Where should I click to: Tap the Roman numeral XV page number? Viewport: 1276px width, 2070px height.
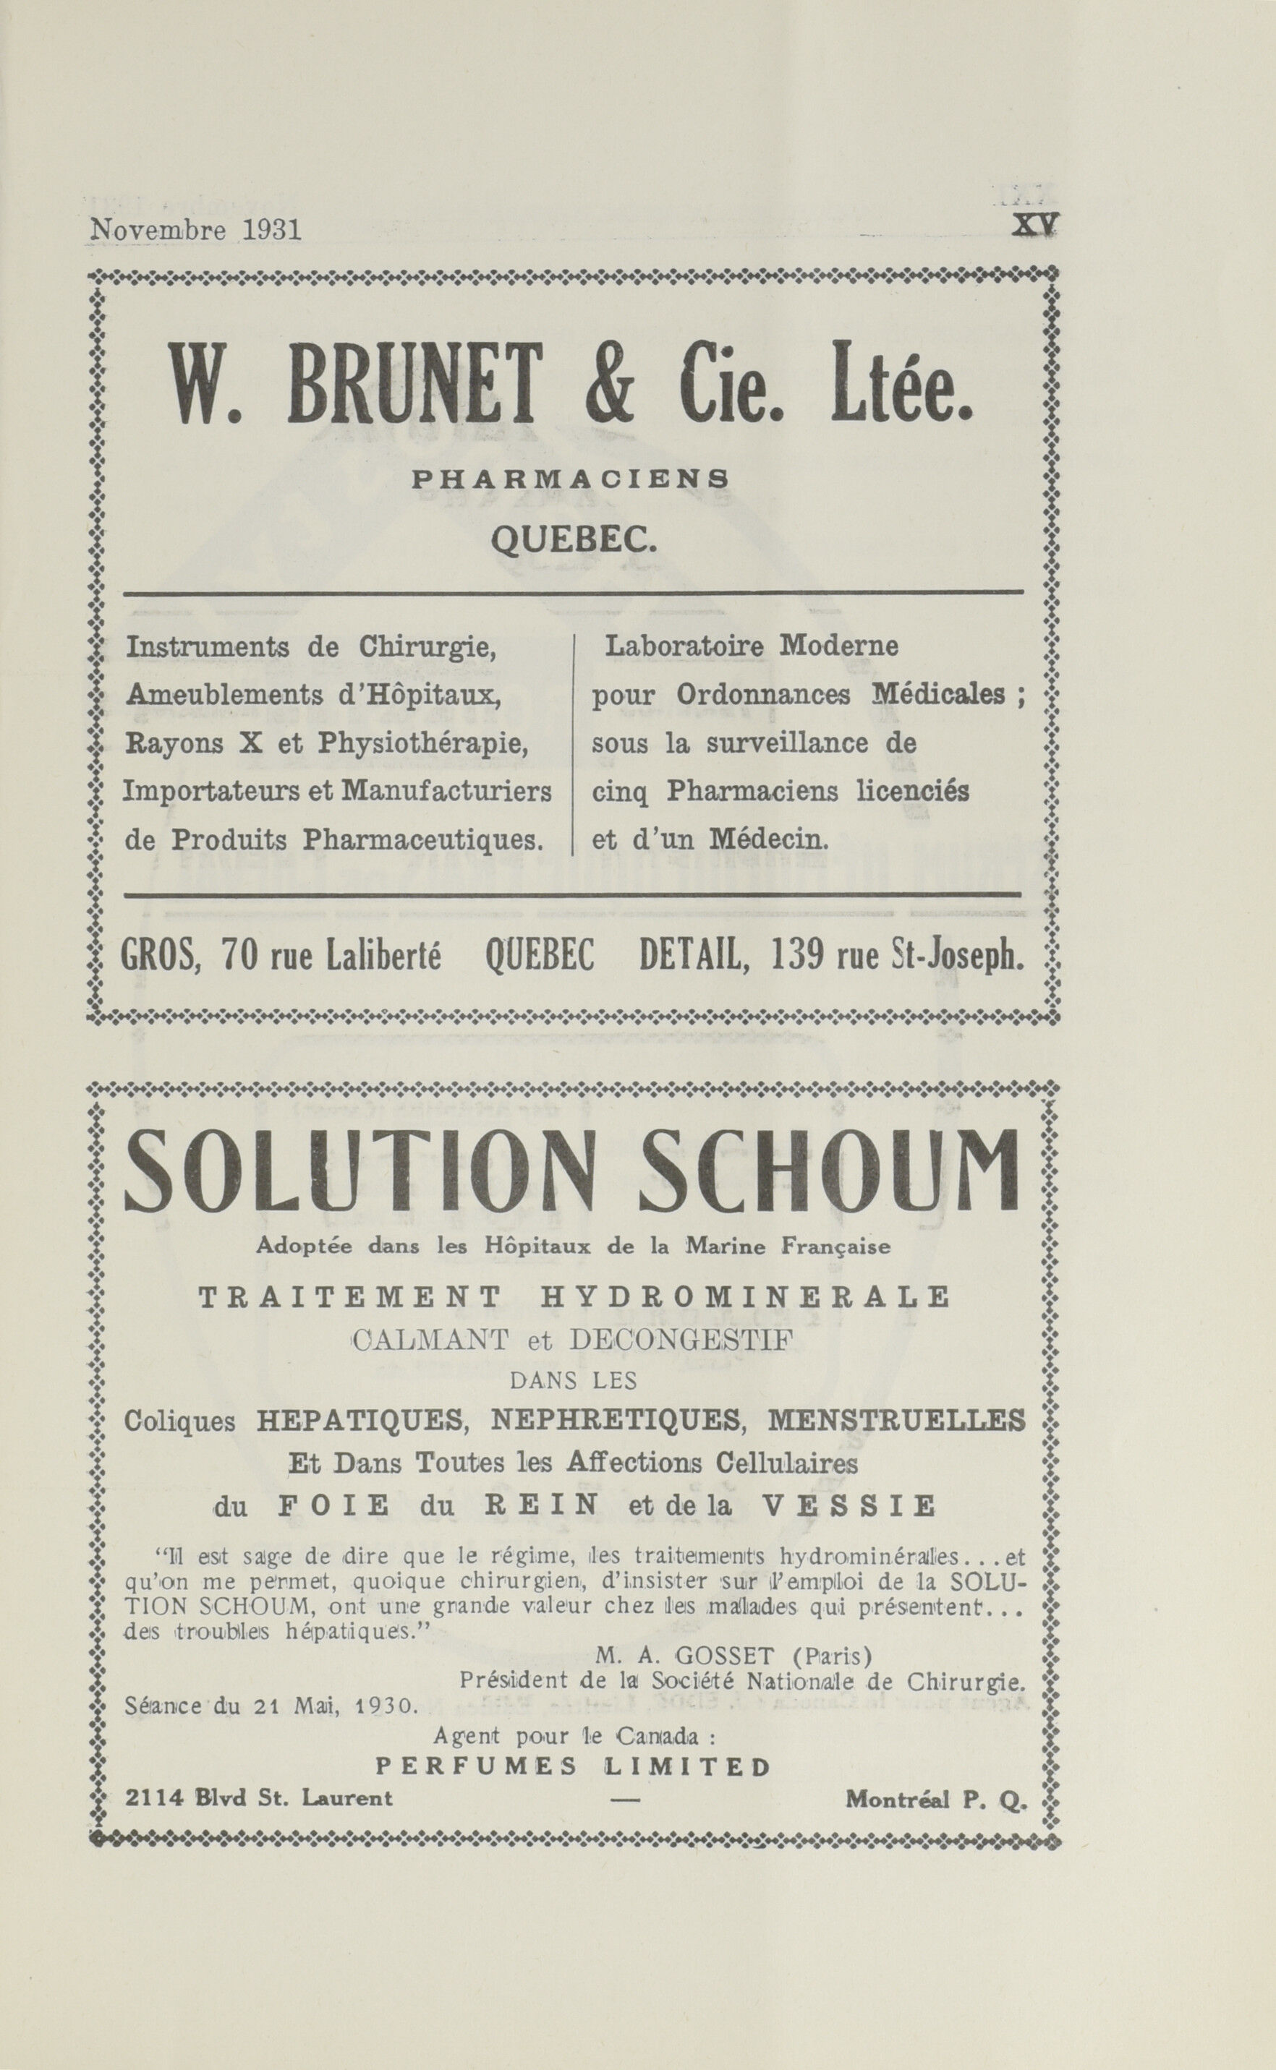point(1037,228)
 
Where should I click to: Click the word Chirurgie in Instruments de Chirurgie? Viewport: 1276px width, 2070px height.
point(428,648)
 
